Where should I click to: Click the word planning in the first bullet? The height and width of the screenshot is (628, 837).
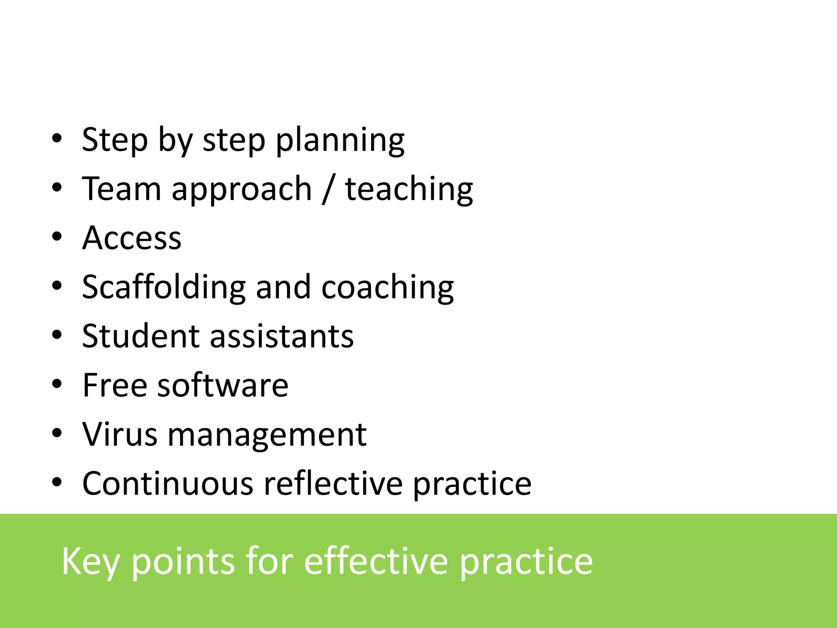coord(340,141)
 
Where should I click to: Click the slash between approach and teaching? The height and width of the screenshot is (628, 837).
coord(328,189)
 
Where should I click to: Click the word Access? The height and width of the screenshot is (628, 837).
coord(132,238)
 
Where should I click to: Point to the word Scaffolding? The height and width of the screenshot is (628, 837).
coord(163,287)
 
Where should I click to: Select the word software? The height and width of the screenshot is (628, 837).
coord(223,385)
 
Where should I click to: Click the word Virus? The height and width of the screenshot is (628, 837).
coord(119,434)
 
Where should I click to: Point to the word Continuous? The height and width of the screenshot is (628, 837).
coord(168,483)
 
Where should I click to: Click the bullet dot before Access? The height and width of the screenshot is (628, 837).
coord(57,237)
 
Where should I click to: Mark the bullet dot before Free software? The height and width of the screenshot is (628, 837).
coord(57,384)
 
